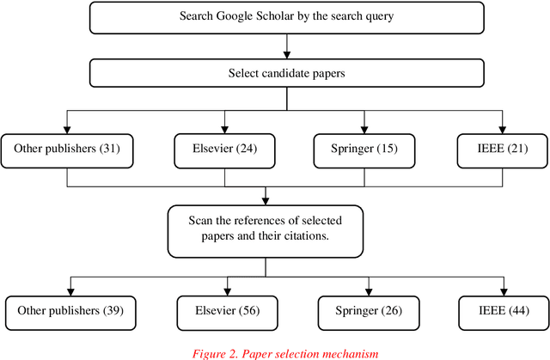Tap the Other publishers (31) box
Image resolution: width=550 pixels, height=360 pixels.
[x=66, y=149]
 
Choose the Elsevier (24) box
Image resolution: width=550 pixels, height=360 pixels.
[x=225, y=149]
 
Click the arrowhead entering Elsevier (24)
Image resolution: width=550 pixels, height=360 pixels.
[x=225, y=129]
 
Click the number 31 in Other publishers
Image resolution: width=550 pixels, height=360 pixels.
[x=108, y=149]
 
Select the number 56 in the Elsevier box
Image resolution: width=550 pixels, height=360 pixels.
[x=249, y=309]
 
